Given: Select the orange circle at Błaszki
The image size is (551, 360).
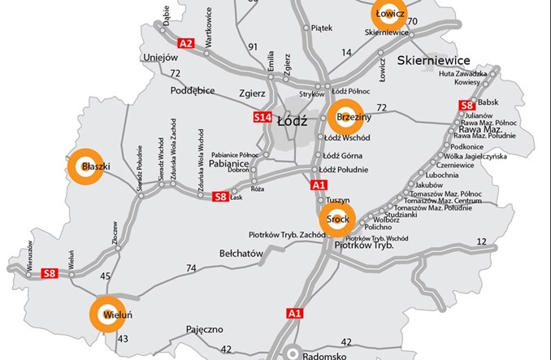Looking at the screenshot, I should [82, 166].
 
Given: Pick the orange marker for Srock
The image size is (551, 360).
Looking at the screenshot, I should [337, 219].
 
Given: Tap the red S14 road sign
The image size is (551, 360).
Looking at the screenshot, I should [261, 118].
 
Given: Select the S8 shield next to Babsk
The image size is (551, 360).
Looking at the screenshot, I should [466, 105].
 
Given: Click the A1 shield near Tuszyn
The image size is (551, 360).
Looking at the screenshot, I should [319, 185].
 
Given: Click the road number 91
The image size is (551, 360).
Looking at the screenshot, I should [253, 46].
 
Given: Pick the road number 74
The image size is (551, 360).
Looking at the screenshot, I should [191, 268].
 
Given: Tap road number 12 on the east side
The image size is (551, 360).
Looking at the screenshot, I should [481, 241].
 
